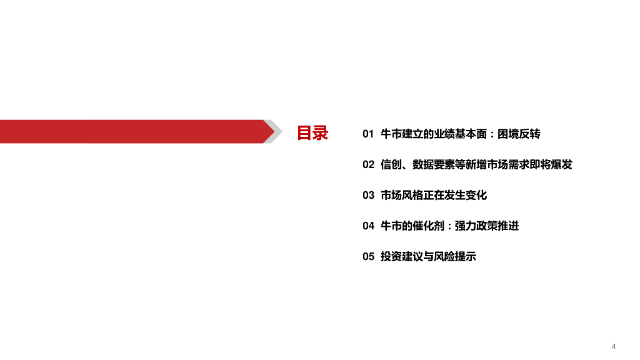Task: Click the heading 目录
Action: pyautogui.click(x=312, y=132)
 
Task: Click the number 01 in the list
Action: pyautogui.click(x=368, y=134)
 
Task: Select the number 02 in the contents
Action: pyautogui.click(x=368, y=164)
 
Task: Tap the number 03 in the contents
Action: pyautogui.click(x=368, y=195)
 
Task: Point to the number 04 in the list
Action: pyautogui.click(x=368, y=226)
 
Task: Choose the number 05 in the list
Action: pyautogui.click(x=368, y=256)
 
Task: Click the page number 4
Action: pyautogui.click(x=614, y=346)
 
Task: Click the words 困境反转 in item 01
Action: pyautogui.click(x=520, y=134)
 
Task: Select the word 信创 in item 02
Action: pyautogui.click(x=391, y=164)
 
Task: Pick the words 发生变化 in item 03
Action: pyautogui.click(x=466, y=195)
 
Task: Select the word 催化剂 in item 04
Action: pyautogui.click(x=427, y=226)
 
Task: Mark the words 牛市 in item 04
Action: pyautogui.click(x=391, y=226)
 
